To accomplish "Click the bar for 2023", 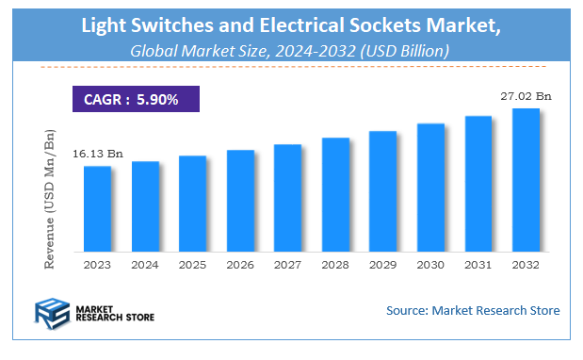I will [x=97, y=208].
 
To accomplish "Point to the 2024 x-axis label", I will [x=145, y=266].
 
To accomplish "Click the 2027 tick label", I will [x=287, y=266].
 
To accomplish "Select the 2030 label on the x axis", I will [x=430, y=266].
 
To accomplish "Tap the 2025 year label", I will [x=192, y=266].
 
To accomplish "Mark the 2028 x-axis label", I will [x=335, y=266].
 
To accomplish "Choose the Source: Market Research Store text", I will [x=472, y=310].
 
